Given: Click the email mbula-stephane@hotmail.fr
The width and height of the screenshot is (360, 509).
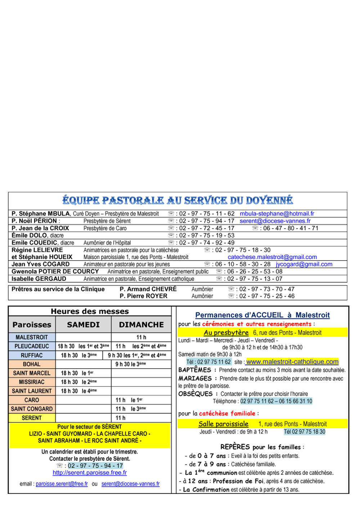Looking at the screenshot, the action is click(x=277, y=213).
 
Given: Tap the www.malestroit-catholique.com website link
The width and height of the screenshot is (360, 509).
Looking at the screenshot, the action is click(x=292, y=361).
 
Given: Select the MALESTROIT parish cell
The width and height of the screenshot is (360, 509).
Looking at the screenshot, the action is click(x=32, y=337).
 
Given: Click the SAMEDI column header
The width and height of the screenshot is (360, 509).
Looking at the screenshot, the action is click(x=83, y=324).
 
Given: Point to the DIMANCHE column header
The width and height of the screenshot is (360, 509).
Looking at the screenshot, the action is click(x=141, y=324).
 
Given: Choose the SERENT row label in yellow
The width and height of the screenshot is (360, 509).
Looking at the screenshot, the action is click(x=32, y=418).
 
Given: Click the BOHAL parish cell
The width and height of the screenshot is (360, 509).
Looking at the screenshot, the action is click(x=32, y=364).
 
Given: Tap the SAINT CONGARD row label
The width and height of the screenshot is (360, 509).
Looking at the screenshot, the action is click(x=32, y=409).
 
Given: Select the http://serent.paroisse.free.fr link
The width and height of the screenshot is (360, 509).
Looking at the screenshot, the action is click(x=90, y=472).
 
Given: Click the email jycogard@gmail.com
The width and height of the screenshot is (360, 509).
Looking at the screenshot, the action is click(x=304, y=264).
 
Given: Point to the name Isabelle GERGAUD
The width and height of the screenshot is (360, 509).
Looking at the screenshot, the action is click(x=39, y=279).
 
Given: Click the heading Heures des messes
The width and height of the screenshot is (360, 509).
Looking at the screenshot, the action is click(x=90, y=311).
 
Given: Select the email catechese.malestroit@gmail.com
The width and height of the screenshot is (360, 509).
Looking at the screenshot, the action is click(x=272, y=257).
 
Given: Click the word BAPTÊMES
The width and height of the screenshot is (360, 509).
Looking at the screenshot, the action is click(x=195, y=370).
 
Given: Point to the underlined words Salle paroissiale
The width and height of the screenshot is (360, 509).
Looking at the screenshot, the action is click(x=224, y=424).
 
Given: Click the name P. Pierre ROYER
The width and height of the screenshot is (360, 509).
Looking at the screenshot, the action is click(x=143, y=296).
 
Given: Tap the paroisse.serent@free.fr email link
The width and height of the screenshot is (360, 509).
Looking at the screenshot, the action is click(x=62, y=484).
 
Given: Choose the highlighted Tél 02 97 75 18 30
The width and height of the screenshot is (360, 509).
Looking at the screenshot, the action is click(x=305, y=432).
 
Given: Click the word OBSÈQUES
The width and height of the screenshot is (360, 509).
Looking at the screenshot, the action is click(x=195, y=394).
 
